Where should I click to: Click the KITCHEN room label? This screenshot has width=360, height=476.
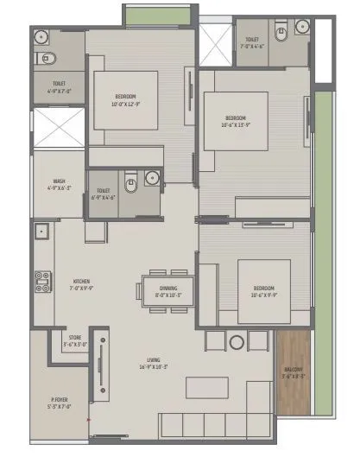pyautogui.click(x=81, y=282)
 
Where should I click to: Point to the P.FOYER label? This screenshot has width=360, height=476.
pyautogui.click(x=60, y=400)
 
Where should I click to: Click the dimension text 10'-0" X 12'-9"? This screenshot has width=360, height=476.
pyautogui.click(x=125, y=103)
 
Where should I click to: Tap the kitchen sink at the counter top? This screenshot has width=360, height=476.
pyautogui.click(x=41, y=232)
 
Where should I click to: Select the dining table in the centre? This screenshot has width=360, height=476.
pyautogui.click(x=168, y=288)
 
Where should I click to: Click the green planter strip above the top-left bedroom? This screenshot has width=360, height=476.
pyautogui.click(x=155, y=15)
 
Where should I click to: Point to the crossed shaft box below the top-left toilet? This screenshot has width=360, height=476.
pyautogui.click(x=60, y=127)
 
